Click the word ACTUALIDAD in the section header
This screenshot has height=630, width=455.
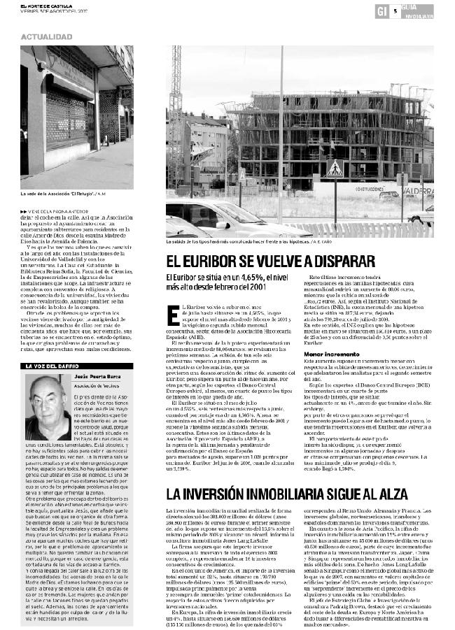click(x=46, y=36)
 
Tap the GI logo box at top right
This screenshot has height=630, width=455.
click(x=381, y=10)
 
